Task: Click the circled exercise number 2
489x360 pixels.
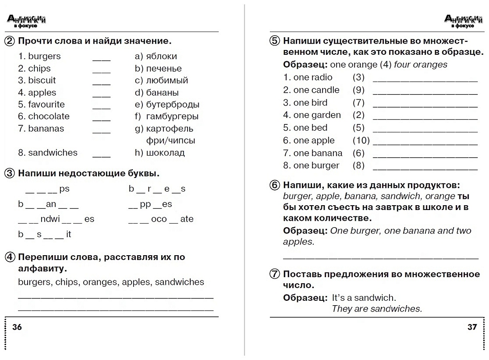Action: [10, 41]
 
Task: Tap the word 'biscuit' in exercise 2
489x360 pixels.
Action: [42, 80]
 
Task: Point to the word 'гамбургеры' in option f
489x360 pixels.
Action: [172, 117]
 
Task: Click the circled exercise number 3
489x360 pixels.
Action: [10, 174]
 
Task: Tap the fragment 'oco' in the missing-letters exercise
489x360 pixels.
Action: [159, 219]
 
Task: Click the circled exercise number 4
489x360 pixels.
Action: [10, 257]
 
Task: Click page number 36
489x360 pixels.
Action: [18, 327]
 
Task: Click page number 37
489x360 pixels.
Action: [472, 327]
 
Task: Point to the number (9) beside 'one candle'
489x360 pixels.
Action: [359, 90]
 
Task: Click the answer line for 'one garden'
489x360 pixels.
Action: [425, 118]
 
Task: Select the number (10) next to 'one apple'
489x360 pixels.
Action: [361, 140]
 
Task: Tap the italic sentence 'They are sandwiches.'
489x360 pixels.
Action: [377, 309]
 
